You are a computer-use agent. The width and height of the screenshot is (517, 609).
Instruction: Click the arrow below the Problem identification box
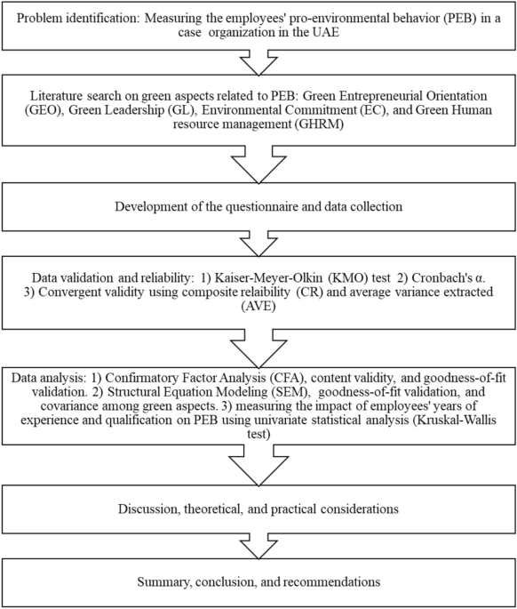(258, 64)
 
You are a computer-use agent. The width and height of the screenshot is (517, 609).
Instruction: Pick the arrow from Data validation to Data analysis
(258, 345)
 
